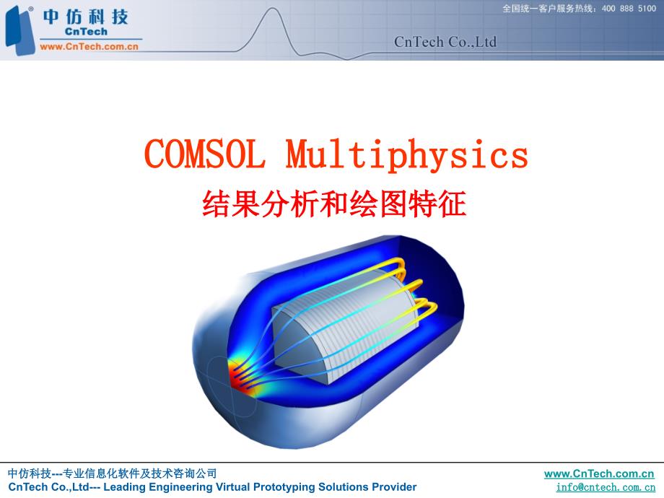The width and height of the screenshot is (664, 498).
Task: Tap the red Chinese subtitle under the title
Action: click(x=334, y=204)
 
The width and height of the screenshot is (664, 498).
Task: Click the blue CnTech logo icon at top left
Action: click(x=19, y=29)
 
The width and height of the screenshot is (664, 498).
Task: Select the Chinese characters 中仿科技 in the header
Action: click(x=85, y=16)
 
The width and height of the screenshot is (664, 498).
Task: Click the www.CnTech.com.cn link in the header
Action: click(x=89, y=46)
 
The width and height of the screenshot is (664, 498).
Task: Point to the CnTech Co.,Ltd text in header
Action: click(x=445, y=43)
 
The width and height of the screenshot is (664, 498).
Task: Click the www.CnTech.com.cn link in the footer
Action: click(x=599, y=473)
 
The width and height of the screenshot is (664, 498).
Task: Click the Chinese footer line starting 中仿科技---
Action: click(x=112, y=473)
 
